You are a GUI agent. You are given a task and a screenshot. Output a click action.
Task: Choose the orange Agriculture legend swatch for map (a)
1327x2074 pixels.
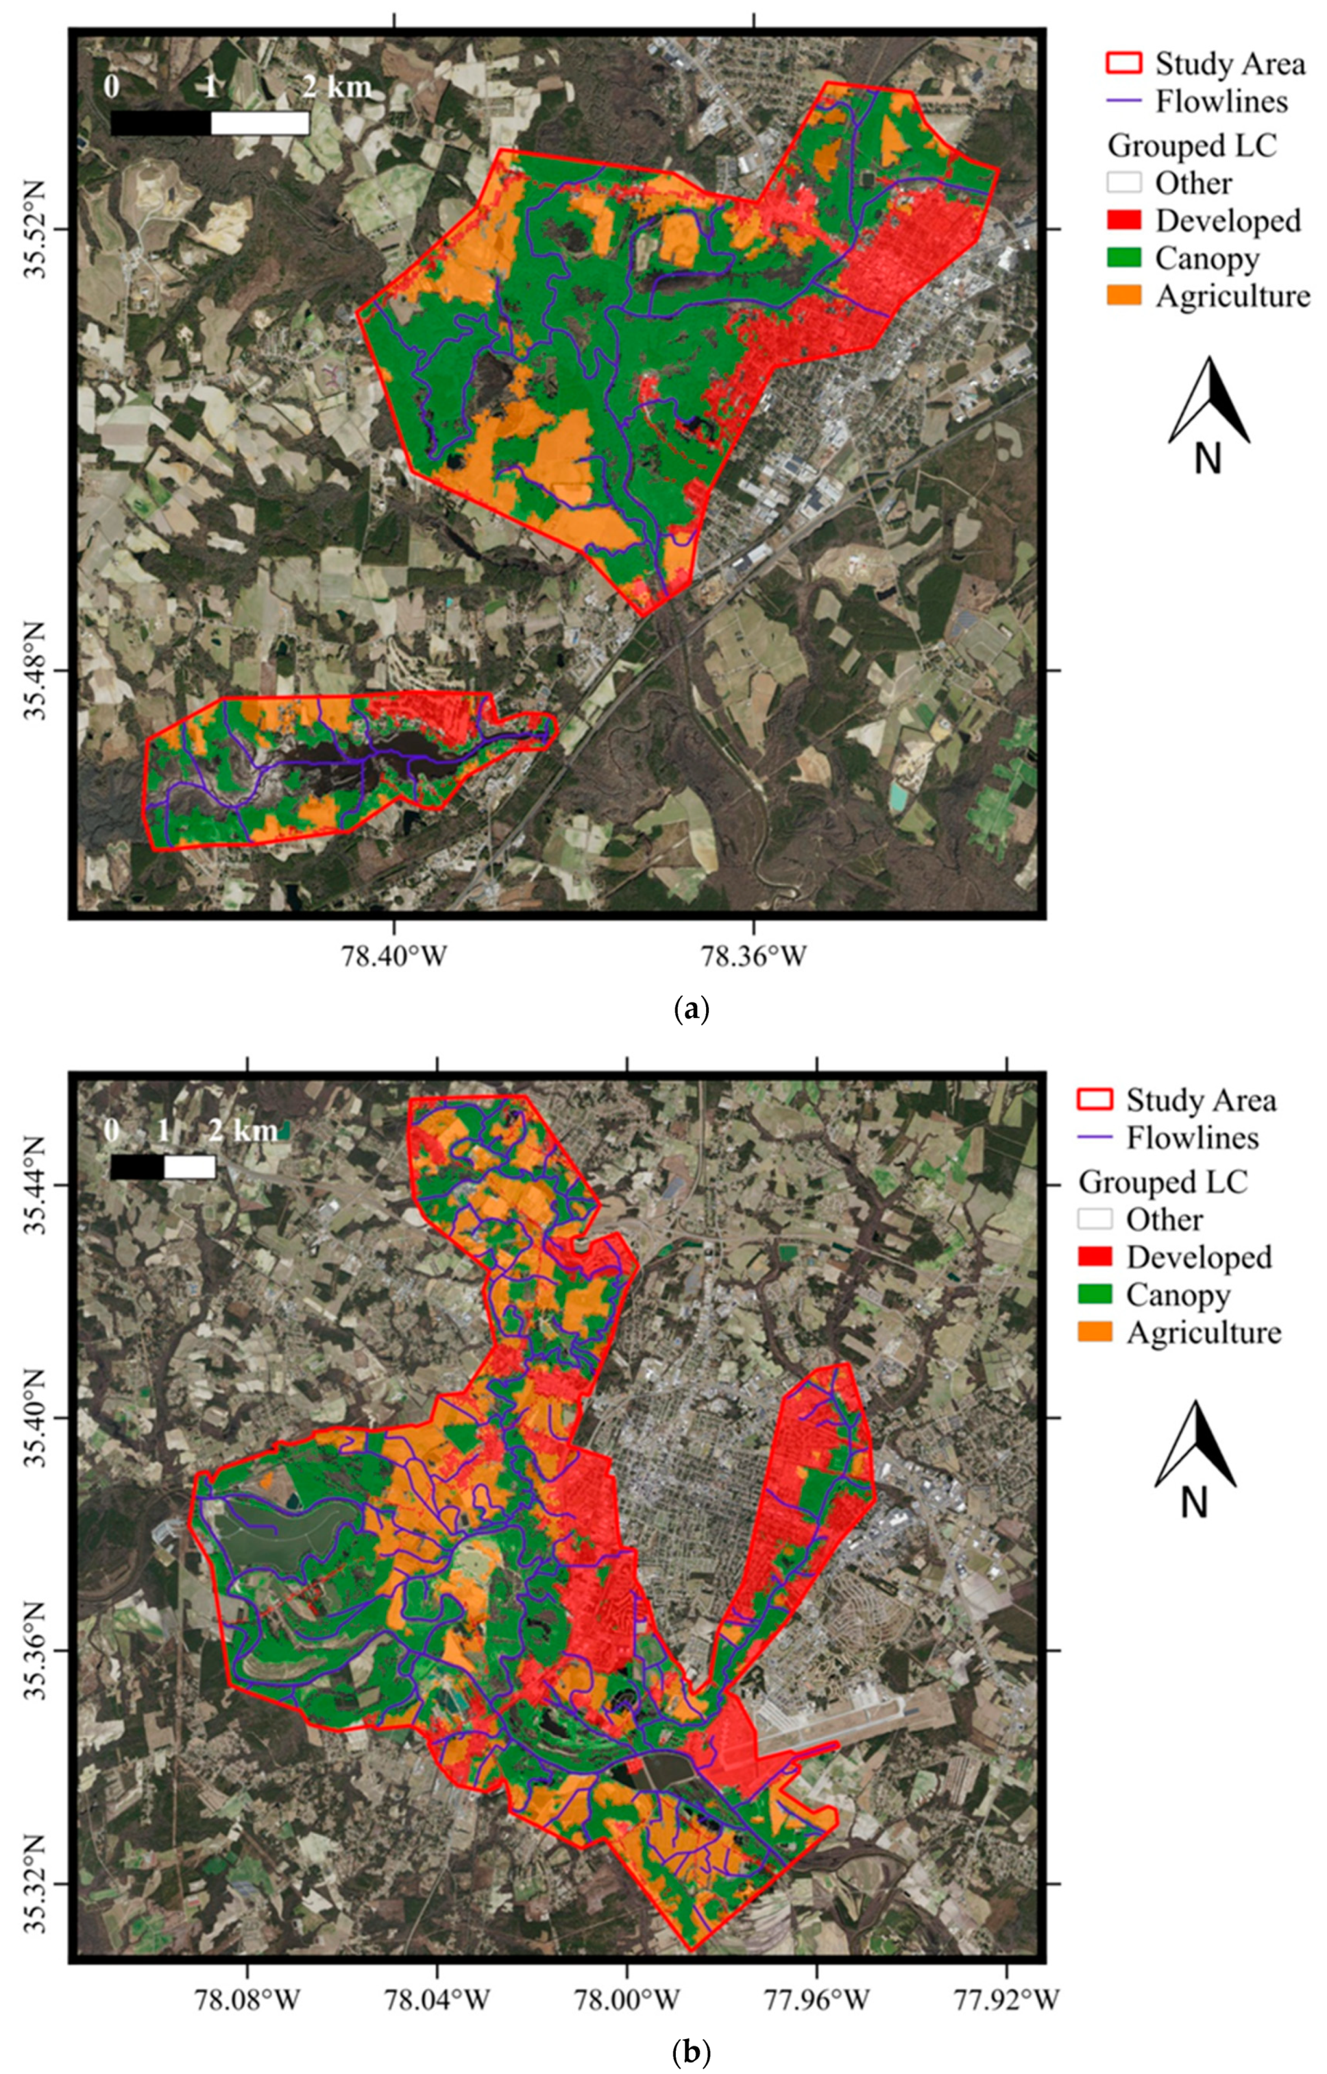point(1123,296)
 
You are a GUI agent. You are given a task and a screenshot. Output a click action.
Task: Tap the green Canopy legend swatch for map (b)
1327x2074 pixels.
point(1095,1294)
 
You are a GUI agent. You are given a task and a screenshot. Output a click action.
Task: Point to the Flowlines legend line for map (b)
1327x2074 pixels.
point(1095,1137)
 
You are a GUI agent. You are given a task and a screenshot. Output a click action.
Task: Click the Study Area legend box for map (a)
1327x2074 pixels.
point(1123,63)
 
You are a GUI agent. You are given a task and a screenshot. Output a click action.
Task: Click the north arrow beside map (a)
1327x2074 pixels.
point(1209,400)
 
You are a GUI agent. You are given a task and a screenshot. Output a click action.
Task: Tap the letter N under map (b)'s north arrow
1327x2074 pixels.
point(1194,1504)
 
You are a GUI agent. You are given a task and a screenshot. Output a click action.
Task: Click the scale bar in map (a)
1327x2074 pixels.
point(210,123)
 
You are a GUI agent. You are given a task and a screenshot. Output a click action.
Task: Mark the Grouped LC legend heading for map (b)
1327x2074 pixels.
point(1162,1181)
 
